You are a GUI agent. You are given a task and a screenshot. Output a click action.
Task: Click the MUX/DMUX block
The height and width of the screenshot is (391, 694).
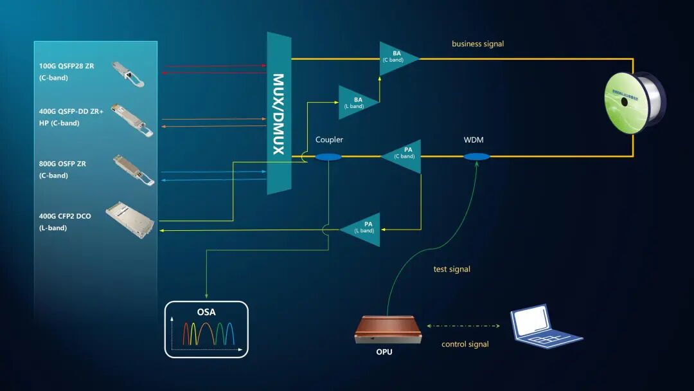[279, 113]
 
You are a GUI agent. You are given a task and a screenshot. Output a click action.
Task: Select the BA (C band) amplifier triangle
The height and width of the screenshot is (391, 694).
[396, 59]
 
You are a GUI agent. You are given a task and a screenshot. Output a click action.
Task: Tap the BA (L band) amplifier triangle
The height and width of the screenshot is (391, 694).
[355, 102]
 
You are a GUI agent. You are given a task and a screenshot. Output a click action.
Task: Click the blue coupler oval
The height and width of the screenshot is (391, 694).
[328, 157]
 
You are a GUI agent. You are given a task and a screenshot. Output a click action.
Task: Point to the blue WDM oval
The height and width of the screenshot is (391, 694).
[476, 156]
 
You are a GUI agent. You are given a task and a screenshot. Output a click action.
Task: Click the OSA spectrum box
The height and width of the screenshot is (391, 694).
[206, 329]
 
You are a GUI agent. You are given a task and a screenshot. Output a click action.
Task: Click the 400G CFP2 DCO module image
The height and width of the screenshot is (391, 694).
[129, 219]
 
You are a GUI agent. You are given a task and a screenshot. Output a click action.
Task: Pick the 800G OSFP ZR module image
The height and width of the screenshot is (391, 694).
[133, 169]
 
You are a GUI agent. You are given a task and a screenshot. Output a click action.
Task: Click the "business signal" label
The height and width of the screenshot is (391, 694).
[477, 44]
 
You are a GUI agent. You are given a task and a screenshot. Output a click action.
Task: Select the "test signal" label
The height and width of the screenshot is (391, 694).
[452, 269]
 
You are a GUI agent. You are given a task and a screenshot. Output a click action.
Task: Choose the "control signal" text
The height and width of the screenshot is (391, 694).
[465, 344]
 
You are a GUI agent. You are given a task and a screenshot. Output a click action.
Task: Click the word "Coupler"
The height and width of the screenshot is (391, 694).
[329, 140]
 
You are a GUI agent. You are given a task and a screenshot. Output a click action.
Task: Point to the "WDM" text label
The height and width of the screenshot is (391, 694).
[474, 140]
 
